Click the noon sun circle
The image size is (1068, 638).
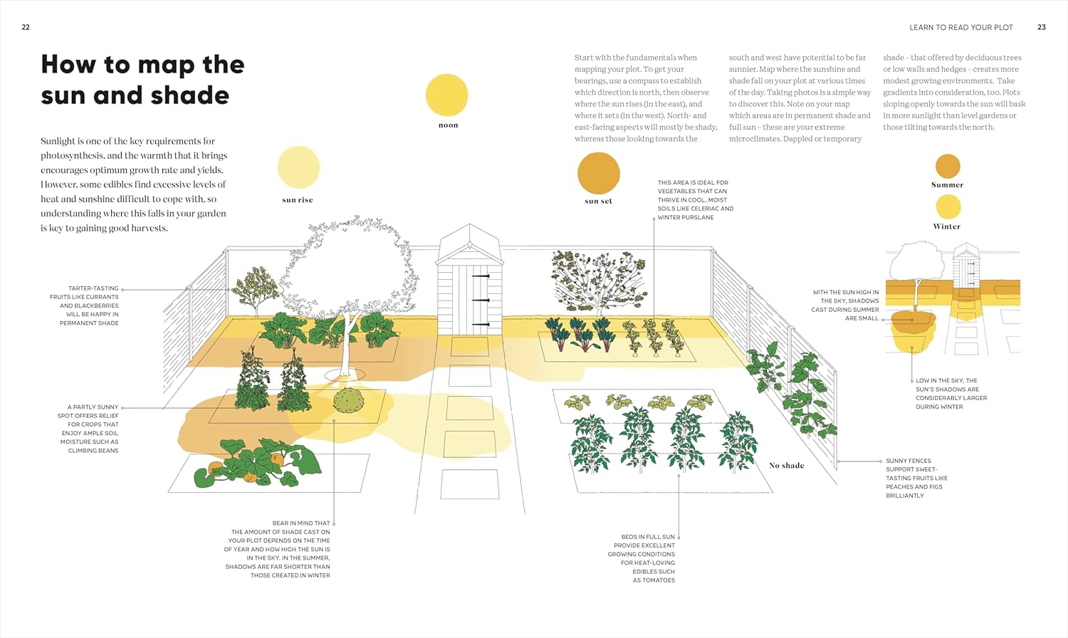(x=446, y=95)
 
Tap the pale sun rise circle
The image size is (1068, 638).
(x=298, y=167)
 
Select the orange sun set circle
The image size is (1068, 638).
(x=598, y=173)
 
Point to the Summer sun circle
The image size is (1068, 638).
(x=948, y=166)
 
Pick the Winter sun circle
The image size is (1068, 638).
(x=948, y=207)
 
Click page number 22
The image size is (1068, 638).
(x=26, y=27)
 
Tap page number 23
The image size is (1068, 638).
(x=1042, y=27)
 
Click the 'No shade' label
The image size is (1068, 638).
(x=786, y=466)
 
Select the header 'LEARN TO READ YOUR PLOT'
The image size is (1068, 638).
(x=960, y=28)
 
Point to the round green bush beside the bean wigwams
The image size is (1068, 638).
(x=348, y=401)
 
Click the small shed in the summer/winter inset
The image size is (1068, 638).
(x=966, y=266)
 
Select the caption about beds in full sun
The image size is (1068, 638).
(x=642, y=558)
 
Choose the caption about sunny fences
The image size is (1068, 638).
(x=916, y=478)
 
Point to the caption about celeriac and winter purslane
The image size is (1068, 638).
(x=696, y=200)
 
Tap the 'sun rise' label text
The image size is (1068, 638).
(x=298, y=200)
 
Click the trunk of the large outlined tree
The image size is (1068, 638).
(x=348, y=344)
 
